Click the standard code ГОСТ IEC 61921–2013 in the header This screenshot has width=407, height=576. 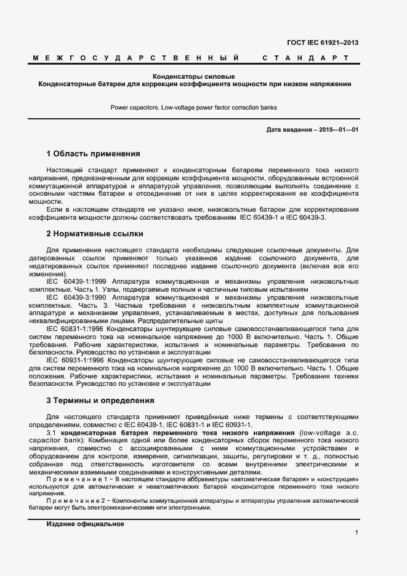[323, 42]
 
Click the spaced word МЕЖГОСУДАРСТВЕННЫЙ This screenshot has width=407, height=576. [136, 58]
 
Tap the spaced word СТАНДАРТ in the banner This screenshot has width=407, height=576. [305, 58]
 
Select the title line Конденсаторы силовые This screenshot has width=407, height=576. [194, 76]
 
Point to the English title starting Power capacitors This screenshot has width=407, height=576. [194, 107]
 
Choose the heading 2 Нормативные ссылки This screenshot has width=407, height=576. [95, 234]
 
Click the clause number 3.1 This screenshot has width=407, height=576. [52, 433]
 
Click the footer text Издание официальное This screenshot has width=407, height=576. [86, 524]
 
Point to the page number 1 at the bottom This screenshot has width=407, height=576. [357, 533]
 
